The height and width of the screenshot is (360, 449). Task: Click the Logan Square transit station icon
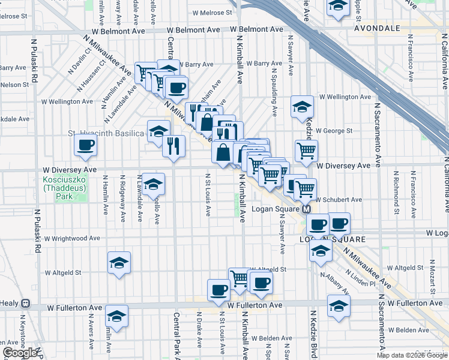(306, 209)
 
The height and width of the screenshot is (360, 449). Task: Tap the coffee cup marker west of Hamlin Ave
(85, 145)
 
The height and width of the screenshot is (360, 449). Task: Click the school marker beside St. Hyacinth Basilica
(158, 131)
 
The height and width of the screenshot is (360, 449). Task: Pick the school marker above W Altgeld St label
(119, 262)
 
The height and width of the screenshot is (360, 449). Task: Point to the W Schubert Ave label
(339, 200)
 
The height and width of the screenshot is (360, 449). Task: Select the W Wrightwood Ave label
(73, 238)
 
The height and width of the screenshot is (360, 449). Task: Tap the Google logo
(19, 353)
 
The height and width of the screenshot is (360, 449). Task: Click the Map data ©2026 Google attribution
(412, 355)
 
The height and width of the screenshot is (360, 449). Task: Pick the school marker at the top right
(338, 7)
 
